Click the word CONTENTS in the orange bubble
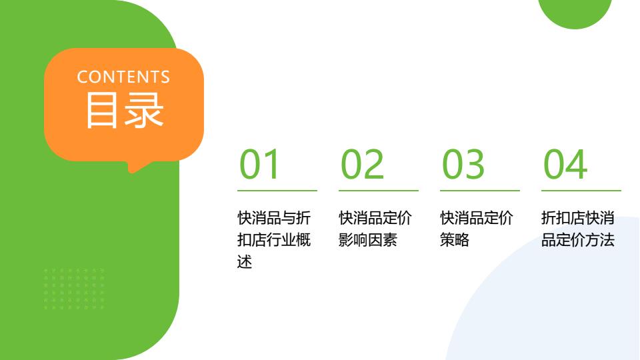(x=123, y=77)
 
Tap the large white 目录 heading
(x=125, y=110)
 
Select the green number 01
(x=259, y=164)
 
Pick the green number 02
(x=362, y=164)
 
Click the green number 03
(x=463, y=164)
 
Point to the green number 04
(x=565, y=164)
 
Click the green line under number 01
(x=277, y=190)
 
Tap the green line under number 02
(x=379, y=190)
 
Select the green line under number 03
(x=479, y=190)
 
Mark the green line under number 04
(x=581, y=190)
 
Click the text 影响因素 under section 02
(x=368, y=240)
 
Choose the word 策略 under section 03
(x=455, y=240)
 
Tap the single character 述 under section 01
(x=245, y=262)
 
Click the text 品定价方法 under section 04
(x=577, y=240)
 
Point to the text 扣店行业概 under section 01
(x=274, y=240)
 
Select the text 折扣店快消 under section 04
(x=577, y=218)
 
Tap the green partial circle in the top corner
(x=575, y=11)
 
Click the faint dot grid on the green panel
(x=74, y=289)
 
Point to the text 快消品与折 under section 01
(x=274, y=218)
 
